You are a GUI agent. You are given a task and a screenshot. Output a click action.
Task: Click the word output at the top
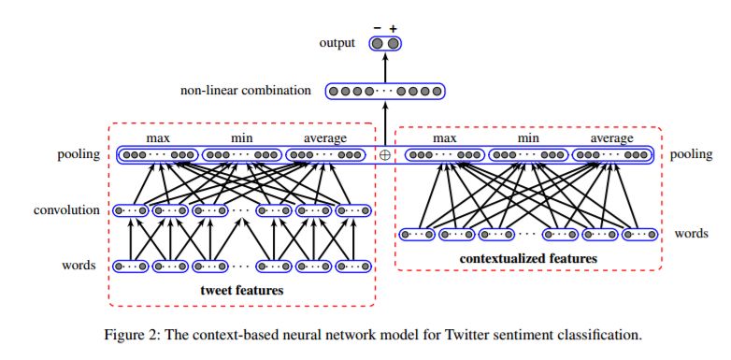click(x=337, y=43)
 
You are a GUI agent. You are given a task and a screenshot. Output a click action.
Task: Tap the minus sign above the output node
click(x=377, y=28)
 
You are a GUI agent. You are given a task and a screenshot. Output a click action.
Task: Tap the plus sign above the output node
click(x=394, y=28)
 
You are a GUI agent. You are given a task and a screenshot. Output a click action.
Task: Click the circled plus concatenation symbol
click(x=384, y=154)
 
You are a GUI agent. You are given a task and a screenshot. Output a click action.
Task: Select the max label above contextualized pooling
click(x=444, y=138)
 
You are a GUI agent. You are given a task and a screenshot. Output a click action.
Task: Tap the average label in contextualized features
click(x=610, y=138)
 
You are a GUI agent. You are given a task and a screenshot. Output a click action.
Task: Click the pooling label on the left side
click(x=78, y=154)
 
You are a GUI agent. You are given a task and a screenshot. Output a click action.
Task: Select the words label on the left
click(x=79, y=266)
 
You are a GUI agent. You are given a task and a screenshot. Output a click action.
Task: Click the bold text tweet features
click(x=242, y=291)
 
